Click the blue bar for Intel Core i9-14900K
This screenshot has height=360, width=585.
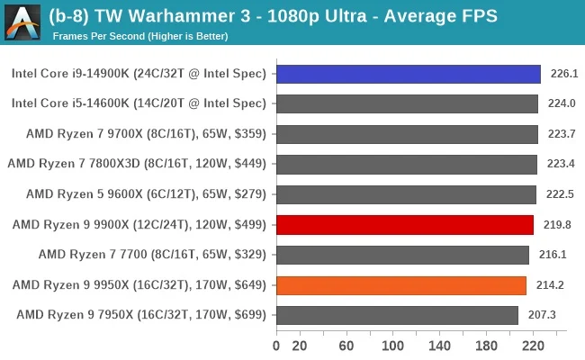[x=408, y=74]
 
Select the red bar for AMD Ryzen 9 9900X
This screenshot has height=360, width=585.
[x=405, y=225]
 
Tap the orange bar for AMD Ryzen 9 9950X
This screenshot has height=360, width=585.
[x=401, y=285]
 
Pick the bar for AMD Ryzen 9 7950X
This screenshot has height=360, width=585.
[x=397, y=316]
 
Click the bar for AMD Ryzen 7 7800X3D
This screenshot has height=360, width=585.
[x=407, y=165]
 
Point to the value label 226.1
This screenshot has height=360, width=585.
[x=564, y=74]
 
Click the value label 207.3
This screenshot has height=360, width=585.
[x=543, y=316]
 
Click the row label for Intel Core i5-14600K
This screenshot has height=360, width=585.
[x=139, y=103]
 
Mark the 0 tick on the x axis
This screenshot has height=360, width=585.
[x=276, y=345]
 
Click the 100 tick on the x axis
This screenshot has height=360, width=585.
[x=392, y=345]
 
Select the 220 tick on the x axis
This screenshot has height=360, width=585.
[x=533, y=345]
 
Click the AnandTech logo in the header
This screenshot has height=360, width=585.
[x=22, y=22]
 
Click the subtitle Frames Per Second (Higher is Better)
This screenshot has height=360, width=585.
[x=139, y=36]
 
